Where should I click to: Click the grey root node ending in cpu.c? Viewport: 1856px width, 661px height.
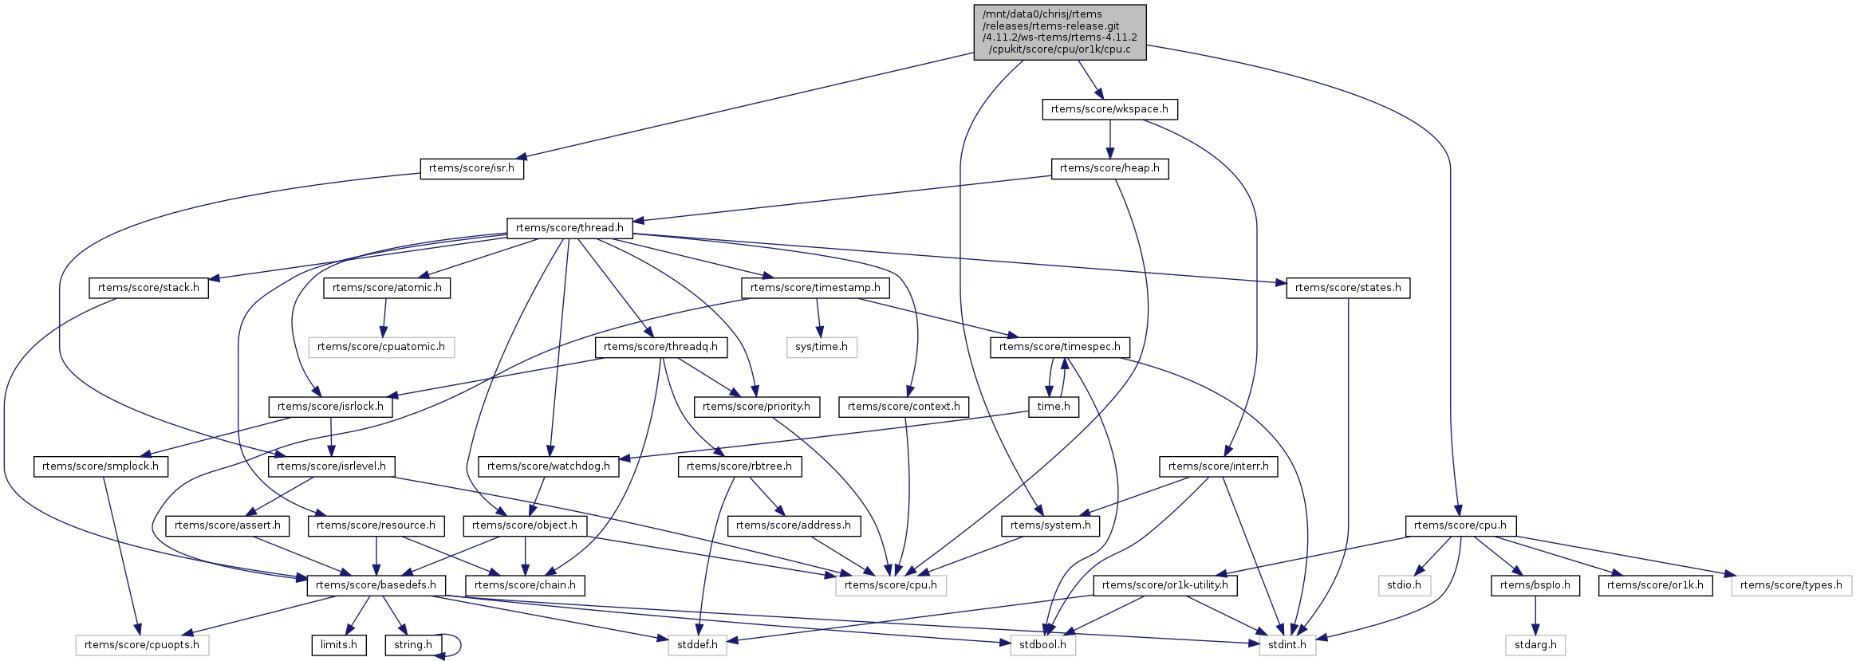[1059, 32]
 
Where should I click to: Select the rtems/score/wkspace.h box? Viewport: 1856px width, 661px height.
[1109, 109]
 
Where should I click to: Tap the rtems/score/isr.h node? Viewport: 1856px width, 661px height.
[471, 168]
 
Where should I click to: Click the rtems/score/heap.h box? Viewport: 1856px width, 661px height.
[1109, 168]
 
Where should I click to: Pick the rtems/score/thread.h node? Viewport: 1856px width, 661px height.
[569, 228]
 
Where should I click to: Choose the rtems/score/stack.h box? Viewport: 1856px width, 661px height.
[148, 288]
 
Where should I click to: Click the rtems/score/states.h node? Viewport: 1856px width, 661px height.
[1347, 288]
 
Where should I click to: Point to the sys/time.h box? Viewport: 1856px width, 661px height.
[822, 347]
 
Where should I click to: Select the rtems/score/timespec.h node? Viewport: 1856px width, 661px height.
[1059, 347]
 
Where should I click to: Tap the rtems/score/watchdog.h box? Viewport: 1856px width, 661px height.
[548, 466]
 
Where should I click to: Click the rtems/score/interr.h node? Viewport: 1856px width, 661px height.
[1218, 466]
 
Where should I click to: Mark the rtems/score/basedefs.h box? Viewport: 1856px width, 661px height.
[376, 585]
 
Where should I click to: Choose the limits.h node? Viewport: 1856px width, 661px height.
[339, 645]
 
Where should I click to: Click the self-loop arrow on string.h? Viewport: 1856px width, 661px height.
[459, 645]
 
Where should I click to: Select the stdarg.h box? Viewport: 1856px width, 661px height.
[1535, 645]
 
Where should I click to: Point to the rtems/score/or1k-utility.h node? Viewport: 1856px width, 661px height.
[1165, 585]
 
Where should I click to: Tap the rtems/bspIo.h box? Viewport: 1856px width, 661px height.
[1535, 585]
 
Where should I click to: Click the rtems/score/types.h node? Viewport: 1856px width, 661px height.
[1791, 585]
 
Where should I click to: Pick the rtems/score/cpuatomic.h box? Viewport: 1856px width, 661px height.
[381, 347]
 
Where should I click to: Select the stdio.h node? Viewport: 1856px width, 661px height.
[1404, 585]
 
